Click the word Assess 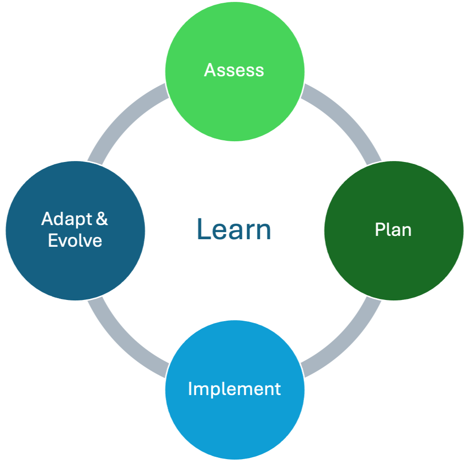point(234,70)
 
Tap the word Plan point(393,230)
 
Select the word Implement point(234,389)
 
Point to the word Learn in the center point(234,230)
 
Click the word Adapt point(67,219)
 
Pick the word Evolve point(75,241)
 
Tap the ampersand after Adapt point(102,219)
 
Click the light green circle point(234,108)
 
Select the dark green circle point(393,264)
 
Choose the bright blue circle point(234,424)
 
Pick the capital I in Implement point(190,389)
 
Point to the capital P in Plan point(379,230)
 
